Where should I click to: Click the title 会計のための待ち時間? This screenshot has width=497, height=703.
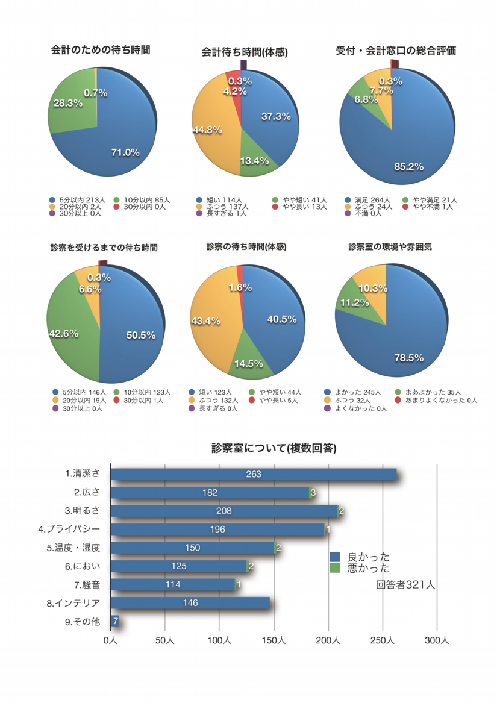[101, 51]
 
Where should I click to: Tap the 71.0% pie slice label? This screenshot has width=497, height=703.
[125, 152]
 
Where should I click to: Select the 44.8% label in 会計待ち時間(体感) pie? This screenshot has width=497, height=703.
[207, 130]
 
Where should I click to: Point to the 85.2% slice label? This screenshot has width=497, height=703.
[408, 166]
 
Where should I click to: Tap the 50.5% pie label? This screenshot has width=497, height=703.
[141, 335]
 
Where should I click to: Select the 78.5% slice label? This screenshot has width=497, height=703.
[409, 357]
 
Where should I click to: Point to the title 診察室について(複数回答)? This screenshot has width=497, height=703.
[274, 448]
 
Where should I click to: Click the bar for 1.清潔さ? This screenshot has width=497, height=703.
[254, 474]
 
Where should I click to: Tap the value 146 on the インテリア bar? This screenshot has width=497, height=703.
[190, 602]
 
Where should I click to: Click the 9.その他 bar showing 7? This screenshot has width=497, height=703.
[114, 620]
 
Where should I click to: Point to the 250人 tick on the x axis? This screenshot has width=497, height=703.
[383, 641]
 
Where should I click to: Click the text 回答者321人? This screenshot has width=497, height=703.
[405, 584]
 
